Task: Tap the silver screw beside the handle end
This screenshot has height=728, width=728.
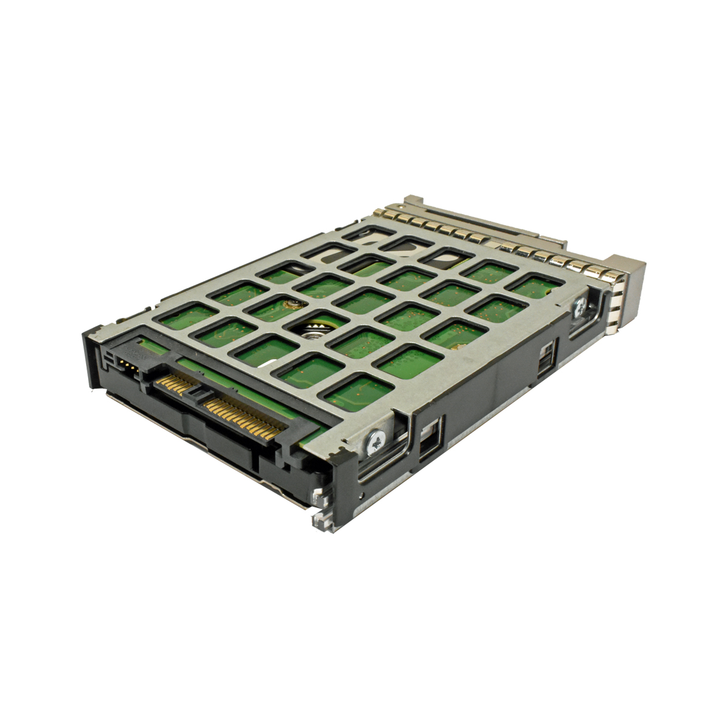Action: click(580, 307)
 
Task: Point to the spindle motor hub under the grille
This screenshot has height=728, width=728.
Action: click(315, 330)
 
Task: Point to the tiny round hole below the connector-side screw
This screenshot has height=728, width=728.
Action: click(360, 494)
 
